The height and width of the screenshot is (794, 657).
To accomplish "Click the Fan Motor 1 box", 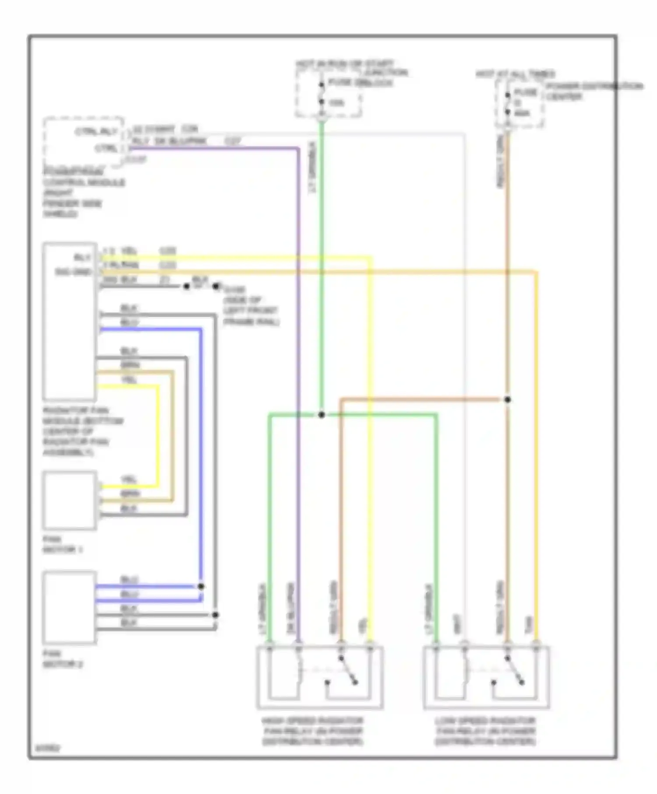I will [69, 500].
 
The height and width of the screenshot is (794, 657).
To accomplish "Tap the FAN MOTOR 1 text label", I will [62, 545].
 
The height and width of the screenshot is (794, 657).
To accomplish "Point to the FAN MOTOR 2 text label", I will [62, 659].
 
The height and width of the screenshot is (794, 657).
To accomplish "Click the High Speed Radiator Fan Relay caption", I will [313, 731].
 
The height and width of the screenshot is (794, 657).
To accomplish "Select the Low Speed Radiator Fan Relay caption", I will [485, 731].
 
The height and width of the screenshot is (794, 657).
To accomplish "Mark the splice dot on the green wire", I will [321, 415].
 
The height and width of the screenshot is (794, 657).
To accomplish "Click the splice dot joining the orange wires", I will [507, 400].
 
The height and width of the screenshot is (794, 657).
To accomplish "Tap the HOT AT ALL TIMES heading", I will [515, 74].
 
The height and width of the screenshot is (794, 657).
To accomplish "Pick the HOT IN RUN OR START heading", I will [345, 64].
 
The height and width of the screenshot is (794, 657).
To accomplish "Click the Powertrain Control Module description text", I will [83, 193].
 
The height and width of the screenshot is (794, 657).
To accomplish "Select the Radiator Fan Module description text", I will [82, 431].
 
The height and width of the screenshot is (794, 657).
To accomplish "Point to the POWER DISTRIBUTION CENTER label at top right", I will [593, 91].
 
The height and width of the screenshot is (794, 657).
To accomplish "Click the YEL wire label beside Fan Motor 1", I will [129, 480].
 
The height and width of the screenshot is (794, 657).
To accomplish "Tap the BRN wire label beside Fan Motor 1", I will [129, 494].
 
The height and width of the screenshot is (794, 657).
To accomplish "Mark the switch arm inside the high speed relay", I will [348, 670].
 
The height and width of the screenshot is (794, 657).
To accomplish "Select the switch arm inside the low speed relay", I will [515, 670].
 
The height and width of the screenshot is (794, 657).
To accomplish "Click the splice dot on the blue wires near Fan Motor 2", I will [201, 587].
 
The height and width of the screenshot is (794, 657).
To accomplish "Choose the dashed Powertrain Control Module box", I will [83, 142].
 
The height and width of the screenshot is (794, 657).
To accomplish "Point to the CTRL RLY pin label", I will [96, 131].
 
